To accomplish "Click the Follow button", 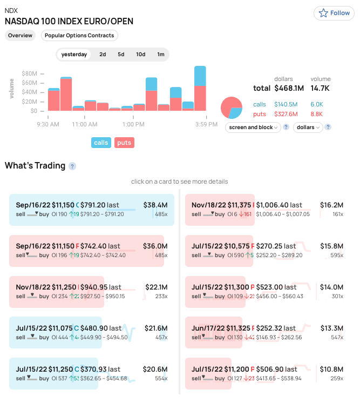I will tap(335, 13).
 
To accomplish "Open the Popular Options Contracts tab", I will tap(79, 36).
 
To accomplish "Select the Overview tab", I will tap(20, 36).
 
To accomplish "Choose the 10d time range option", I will tap(140, 55).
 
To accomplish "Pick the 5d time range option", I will tap(121, 55).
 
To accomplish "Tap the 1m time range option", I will tap(161, 55).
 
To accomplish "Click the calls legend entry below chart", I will tap(101, 143).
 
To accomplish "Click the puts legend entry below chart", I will tap(124, 143).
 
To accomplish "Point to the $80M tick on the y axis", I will tap(30, 73).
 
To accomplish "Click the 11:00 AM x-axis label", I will tap(85, 124).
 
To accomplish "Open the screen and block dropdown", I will tap(253, 127).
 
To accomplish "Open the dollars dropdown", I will tap(308, 127).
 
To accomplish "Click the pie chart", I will tap(232, 108).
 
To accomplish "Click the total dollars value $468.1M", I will tap(289, 88).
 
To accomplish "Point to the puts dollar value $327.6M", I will tap(286, 114).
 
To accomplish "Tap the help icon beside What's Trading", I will tap(72, 166).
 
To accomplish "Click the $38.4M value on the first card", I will tap(155, 205).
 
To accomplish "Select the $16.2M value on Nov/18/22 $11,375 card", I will tap(331, 205).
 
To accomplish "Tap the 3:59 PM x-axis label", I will tap(207, 124).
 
